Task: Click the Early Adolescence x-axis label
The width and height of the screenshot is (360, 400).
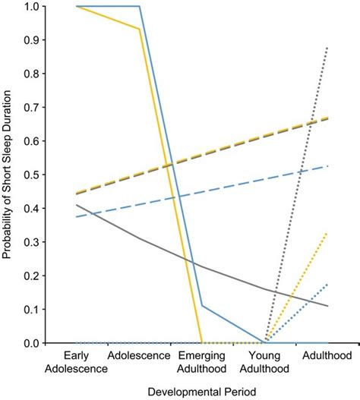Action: (x=75, y=362)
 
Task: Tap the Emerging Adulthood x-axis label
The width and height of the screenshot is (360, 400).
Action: (x=201, y=362)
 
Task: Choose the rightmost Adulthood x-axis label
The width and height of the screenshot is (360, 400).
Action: (x=327, y=355)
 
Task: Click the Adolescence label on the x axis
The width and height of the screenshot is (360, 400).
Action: (x=138, y=355)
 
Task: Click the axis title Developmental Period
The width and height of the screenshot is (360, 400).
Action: (x=201, y=390)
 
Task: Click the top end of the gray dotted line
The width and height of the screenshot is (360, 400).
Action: (x=328, y=47)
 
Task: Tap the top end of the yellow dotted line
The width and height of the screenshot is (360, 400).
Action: (x=328, y=233)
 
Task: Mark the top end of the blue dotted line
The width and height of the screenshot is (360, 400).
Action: (x=328, y=284)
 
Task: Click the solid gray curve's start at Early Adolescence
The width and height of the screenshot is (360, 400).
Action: (x=75, y=205)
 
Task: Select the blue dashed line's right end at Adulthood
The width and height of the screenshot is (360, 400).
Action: (x=328, y=165)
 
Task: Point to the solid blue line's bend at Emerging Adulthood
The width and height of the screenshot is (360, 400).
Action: (x=201, y=306)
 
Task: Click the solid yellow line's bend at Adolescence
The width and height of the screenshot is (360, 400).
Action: (x=138, y=29)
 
